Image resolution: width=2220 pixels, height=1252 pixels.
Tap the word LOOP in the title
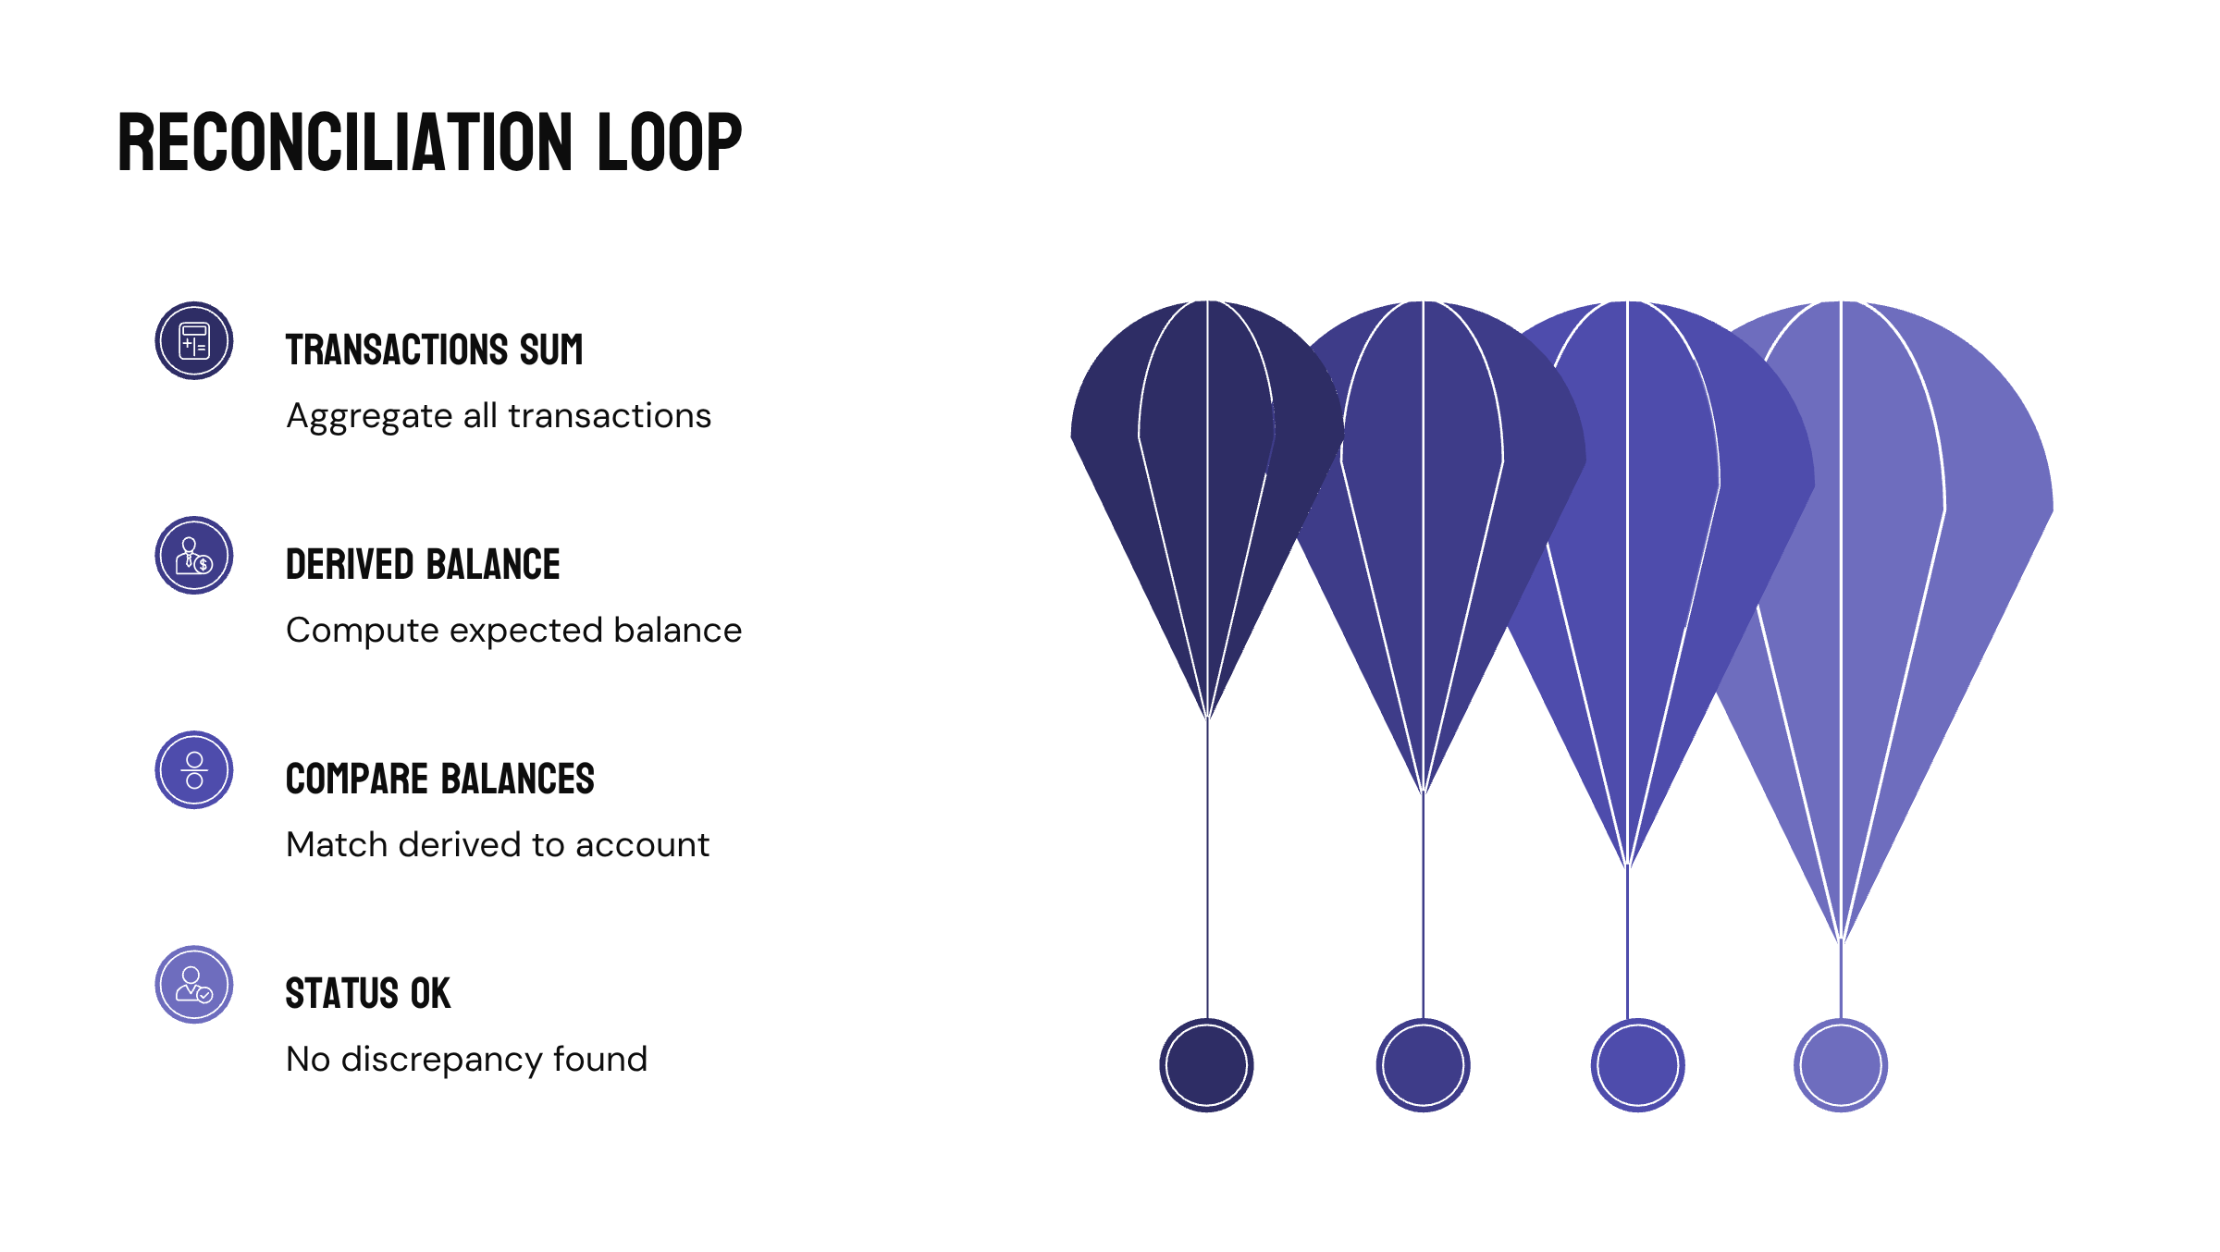[669, 142]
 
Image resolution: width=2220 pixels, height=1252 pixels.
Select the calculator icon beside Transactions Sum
[194, 340]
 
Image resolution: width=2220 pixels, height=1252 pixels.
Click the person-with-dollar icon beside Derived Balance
[194, 555]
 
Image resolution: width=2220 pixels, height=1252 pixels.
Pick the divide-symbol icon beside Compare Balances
[194, 769]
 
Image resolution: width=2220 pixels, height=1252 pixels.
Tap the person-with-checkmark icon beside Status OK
[194, 984]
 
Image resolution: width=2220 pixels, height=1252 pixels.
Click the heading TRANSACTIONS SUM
[434, 350]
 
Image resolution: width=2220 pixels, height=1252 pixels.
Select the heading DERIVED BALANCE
[423, 564]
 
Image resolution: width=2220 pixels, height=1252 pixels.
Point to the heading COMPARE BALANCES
[439, 779]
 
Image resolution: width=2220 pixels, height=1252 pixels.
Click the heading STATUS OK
[367, 993]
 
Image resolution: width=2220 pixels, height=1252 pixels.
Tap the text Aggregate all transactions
[499, 416]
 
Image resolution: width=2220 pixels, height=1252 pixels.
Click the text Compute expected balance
[513, 631]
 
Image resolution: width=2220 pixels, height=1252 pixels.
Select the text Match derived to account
[498, 845]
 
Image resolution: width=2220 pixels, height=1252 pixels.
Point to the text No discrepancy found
[466, 1060]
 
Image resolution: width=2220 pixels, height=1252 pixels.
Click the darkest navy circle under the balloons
[1206, 1064]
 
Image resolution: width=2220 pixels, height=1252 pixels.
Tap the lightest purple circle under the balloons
[1841, 1064]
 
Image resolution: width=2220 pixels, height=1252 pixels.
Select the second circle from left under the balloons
[1423, 1064]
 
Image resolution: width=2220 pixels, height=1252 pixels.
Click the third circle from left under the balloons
[1637, 1064]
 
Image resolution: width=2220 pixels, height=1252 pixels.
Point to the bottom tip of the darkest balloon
[1207, 715]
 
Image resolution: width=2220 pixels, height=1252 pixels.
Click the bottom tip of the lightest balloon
[1841, 938]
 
